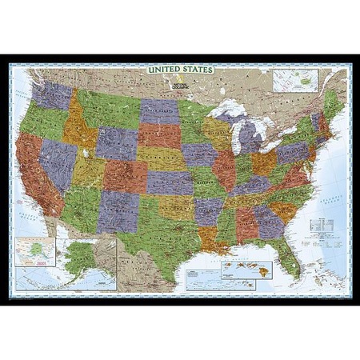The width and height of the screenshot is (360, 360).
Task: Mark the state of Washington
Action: pos(53,94)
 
